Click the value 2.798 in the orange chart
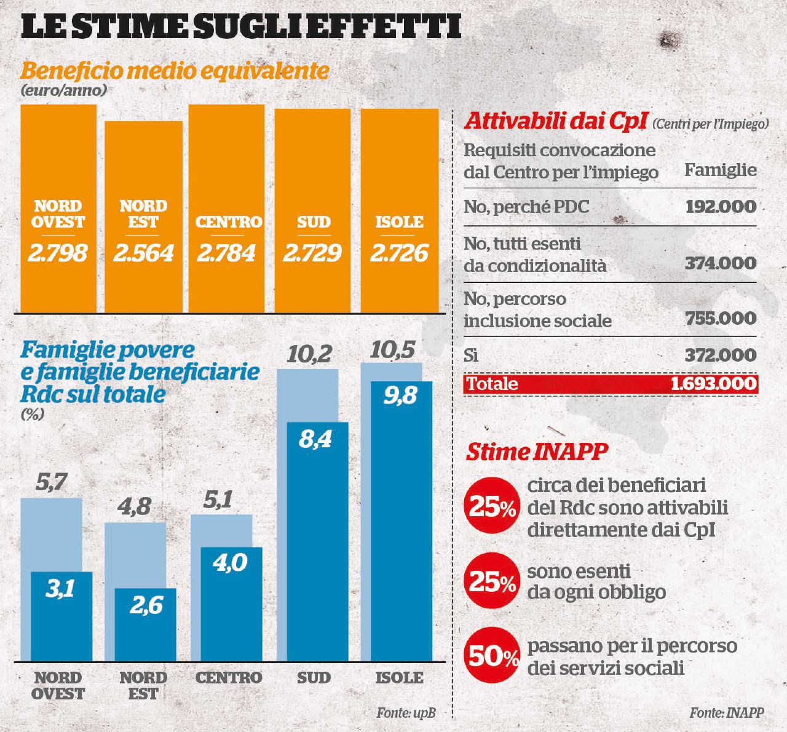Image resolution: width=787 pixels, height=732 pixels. tap(58, 253)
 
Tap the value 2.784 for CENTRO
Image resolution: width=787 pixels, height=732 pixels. tap(226, 253)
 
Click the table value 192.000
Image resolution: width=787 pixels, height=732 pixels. tap(721, 206)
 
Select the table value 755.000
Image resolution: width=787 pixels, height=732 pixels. tap(721, 319)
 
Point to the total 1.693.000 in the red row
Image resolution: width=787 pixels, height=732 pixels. tap(713, 384)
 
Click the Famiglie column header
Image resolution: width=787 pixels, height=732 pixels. tap(721, 170)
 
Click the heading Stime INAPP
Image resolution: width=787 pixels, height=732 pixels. tap(537, 452)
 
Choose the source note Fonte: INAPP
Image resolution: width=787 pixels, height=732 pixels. tap(727, 713)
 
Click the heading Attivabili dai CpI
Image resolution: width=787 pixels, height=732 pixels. tap(555, 121)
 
